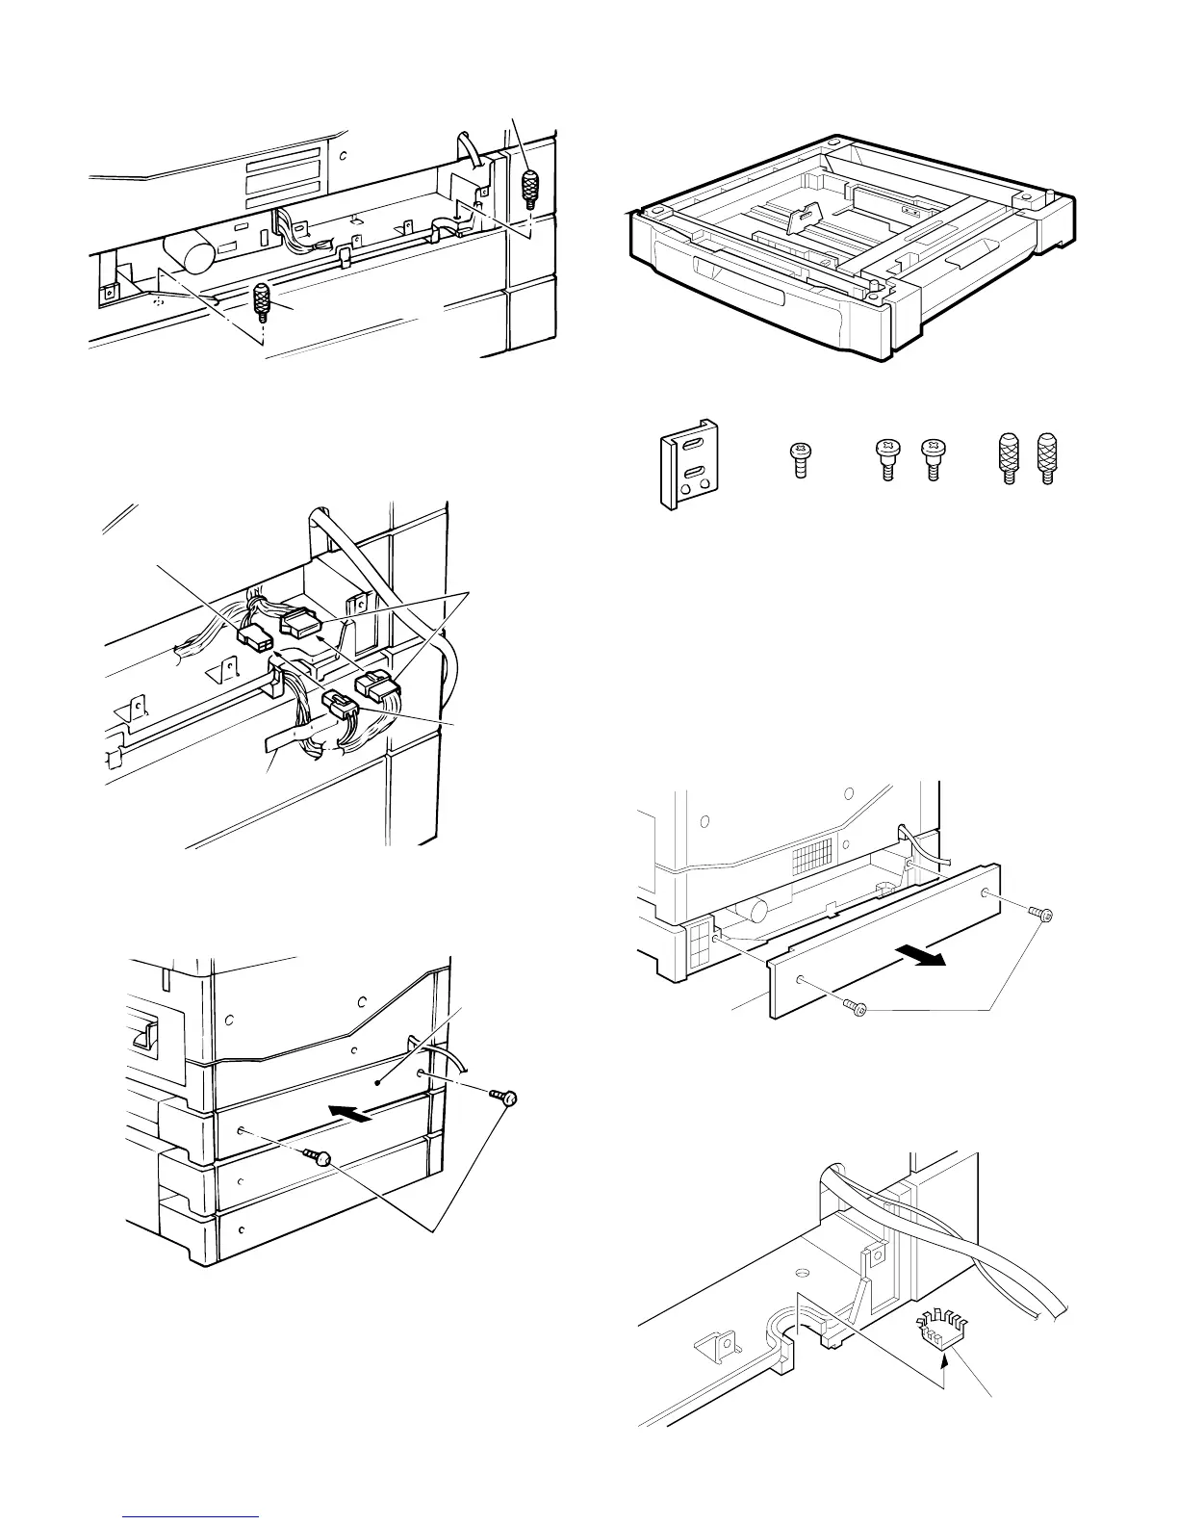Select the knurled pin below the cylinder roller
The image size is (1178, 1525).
click(261, 303)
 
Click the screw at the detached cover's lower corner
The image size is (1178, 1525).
click(854, 1006)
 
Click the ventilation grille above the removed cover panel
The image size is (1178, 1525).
click(807, 832)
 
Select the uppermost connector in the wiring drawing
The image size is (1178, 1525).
click(299, 627)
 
